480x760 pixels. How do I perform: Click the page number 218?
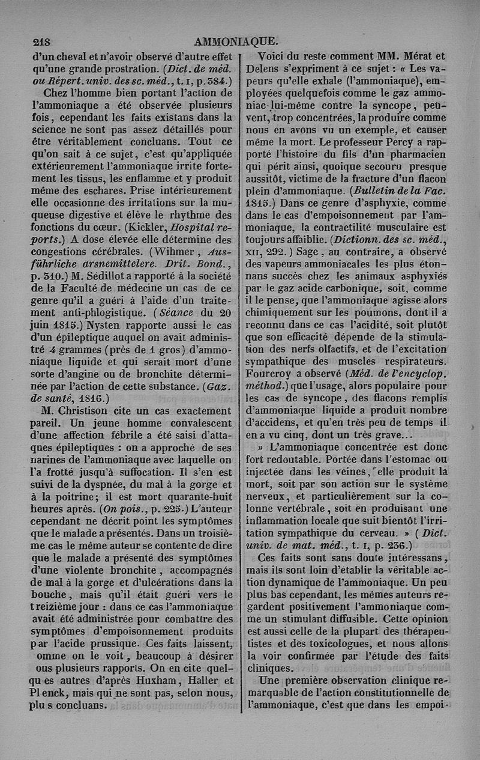pos(42,42)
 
